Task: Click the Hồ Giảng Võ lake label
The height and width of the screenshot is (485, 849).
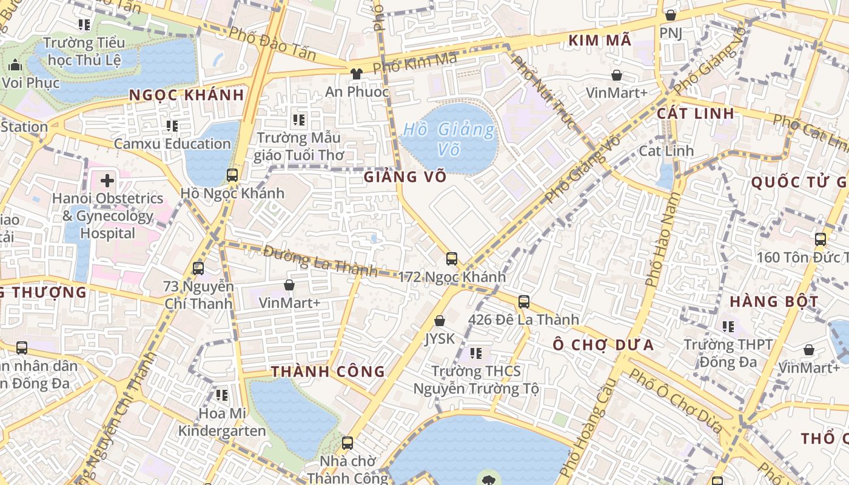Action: (449, 138)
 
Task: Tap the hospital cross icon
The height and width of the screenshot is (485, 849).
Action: (107, 180)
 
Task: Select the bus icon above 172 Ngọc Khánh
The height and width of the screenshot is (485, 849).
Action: (452, 259)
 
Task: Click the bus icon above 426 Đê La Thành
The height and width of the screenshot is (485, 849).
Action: (524, 301)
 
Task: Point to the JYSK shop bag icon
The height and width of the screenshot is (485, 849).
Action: (440, 321)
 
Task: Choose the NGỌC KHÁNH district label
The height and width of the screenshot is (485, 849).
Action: (187, 95)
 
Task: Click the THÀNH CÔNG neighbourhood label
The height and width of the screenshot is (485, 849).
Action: (328, 372)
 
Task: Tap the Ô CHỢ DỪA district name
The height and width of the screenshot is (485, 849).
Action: (603, 345)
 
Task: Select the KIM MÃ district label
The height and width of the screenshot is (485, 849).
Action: (600, 41)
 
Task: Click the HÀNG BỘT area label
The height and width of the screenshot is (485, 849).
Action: (774, 301)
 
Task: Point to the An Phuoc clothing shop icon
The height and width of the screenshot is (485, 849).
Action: (356, 74)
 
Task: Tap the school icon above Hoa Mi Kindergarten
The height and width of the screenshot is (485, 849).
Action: (222, 395)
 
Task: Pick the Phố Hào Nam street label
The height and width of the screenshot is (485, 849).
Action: (662, 239)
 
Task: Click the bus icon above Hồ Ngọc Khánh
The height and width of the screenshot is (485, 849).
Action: (232, 175)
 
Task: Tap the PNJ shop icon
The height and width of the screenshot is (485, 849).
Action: (671, 15)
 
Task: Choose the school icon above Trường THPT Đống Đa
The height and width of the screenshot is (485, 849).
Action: (728, 327)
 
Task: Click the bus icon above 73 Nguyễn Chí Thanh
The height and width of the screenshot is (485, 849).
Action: (198, 268)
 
